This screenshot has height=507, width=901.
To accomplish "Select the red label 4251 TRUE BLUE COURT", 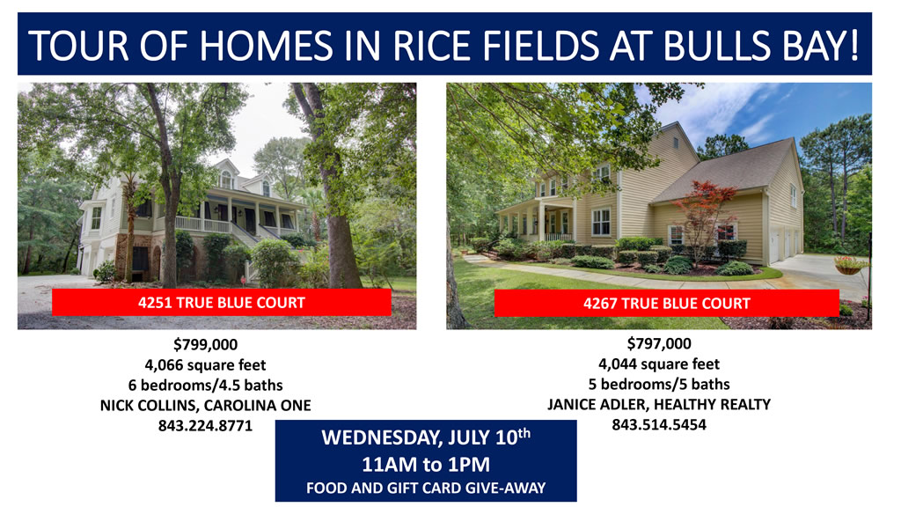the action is [221, 303].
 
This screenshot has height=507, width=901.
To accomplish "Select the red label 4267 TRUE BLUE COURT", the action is [667, 303].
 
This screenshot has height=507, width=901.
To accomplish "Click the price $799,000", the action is [206, 344].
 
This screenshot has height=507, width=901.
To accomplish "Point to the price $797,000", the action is [659, 344].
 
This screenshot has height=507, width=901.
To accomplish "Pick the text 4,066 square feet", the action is [205, 365].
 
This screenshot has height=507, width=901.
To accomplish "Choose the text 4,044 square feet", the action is [659, 364].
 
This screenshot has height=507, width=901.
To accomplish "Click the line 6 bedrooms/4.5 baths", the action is [205, 386].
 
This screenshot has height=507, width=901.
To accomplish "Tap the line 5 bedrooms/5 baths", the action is [659, 384].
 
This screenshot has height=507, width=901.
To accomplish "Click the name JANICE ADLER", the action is [597, 405].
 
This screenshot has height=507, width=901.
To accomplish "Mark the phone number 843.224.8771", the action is [205, 426].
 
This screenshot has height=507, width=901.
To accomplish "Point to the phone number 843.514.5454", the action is [659, 425].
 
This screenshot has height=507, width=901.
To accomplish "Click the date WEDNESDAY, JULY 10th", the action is [426, 437].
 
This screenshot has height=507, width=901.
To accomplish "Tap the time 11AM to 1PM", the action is [426, 465].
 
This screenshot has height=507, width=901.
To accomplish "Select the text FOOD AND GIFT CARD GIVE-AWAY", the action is [426, 489].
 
